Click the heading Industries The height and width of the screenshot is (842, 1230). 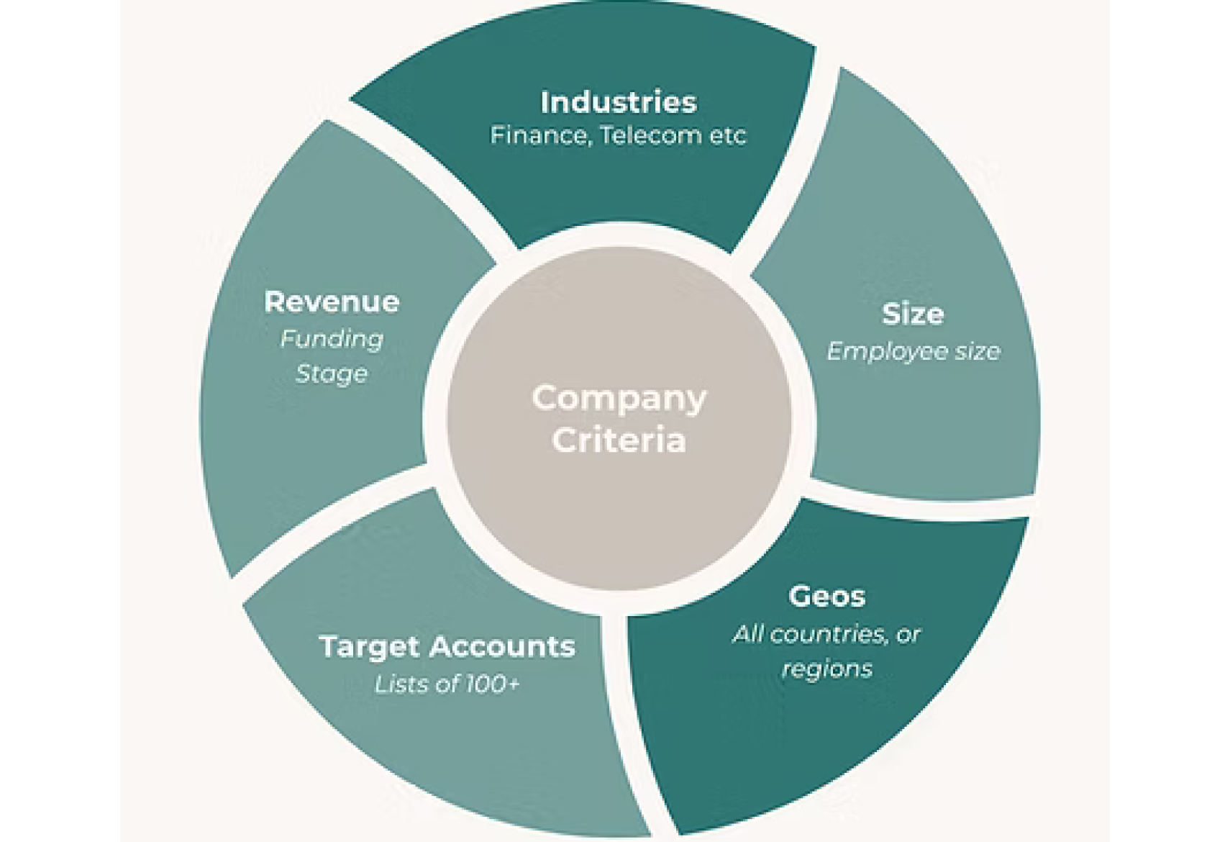(619, 102)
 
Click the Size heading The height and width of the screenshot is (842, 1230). (913, 314)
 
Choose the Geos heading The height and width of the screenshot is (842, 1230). (826, 596)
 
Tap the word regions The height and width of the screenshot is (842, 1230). (827, 669)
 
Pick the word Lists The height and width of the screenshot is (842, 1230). (396, 684)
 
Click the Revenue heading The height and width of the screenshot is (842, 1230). (332, 302)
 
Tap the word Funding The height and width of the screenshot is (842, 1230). (332, 339)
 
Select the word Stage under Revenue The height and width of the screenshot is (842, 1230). (332, 374)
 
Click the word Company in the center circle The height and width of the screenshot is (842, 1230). (619, 399)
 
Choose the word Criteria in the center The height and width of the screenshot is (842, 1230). (619, 440)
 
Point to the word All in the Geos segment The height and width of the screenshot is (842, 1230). (747, 634)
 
